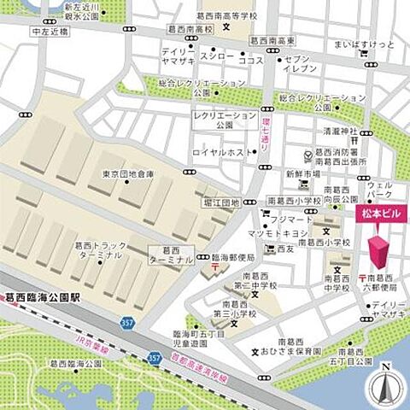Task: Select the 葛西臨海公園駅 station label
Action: point(40,300)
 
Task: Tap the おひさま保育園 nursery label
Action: point(295,350)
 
